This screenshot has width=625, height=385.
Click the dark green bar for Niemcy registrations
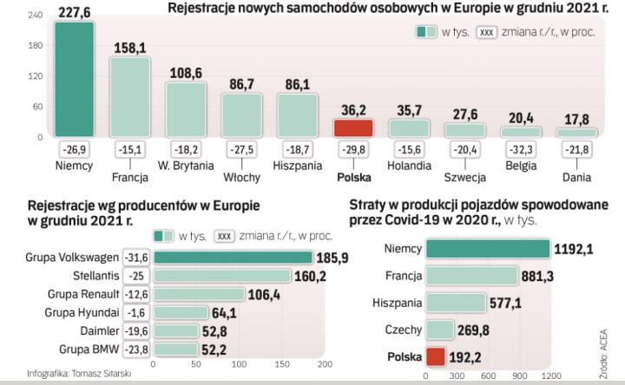coord(75,78)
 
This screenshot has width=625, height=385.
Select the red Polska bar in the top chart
coord(353,127)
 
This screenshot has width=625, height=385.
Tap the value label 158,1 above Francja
coord(131,49)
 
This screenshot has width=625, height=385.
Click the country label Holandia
coord(410,164)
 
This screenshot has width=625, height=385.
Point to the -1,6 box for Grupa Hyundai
coord(136,312)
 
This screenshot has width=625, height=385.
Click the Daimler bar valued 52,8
coord(174,330)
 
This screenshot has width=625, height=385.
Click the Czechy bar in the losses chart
coord(440,330)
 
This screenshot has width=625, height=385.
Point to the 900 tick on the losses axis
coord(518,376)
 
